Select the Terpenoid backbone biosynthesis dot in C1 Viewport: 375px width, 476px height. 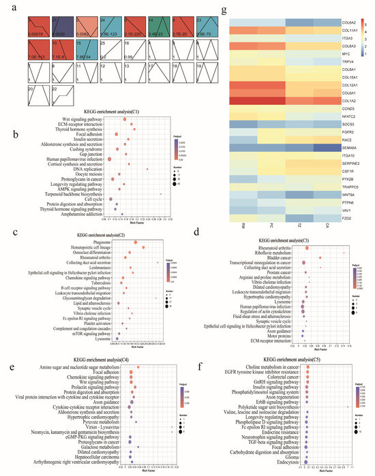(x=161, y=193)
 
